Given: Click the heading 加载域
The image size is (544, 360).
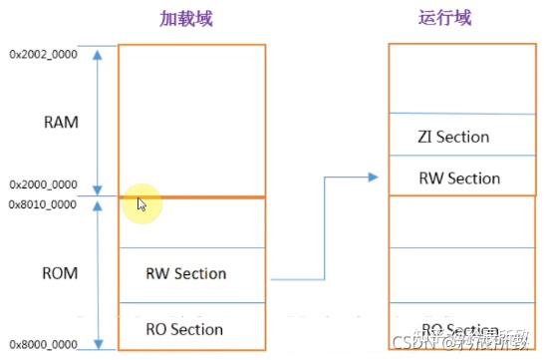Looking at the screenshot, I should tap(185, 19).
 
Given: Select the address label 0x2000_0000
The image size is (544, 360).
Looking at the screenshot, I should tap(42, 185).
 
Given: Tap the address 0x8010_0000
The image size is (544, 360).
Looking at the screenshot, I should tap(42, 203).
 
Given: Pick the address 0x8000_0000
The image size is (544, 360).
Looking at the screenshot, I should tap(42, 344).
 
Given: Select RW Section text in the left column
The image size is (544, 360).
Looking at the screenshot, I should tap(186, 273).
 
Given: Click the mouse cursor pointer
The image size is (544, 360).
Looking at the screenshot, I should tap(141, 204).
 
